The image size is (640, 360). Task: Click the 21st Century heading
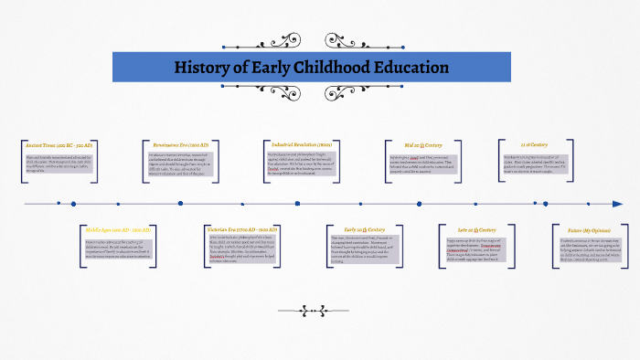point(533,144)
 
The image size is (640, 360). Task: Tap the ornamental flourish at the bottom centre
point(319,308)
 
